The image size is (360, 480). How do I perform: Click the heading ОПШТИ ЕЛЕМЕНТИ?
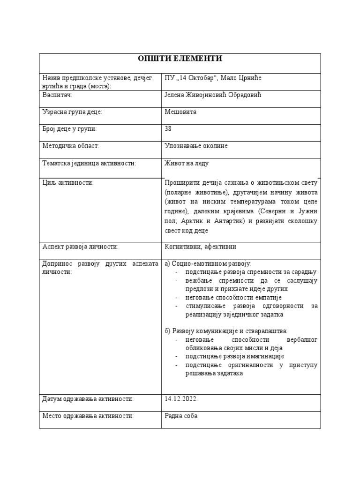click(180, 59)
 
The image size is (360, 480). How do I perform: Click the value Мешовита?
click(180, 112)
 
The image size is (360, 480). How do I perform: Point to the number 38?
click(169, 129)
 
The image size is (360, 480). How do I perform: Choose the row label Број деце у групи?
click(70, 129)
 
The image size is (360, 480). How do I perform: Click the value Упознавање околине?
click(196, 146)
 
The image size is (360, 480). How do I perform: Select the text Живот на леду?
click(187, 163)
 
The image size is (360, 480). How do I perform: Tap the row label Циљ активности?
click(68, 183)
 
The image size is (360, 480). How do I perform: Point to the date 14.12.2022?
click(181, 399)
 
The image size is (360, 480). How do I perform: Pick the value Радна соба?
click(181, 416)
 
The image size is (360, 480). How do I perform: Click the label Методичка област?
click(71, 146)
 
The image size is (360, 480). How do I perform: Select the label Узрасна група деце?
click(72, 112)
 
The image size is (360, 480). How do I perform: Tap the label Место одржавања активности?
click(88, 416)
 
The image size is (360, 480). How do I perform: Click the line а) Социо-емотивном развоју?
click(209, 264)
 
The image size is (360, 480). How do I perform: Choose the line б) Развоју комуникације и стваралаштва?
click(226, 331)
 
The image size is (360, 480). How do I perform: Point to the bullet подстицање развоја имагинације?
click(234, 356)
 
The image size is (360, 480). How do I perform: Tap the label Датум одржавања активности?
click(88, 399)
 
